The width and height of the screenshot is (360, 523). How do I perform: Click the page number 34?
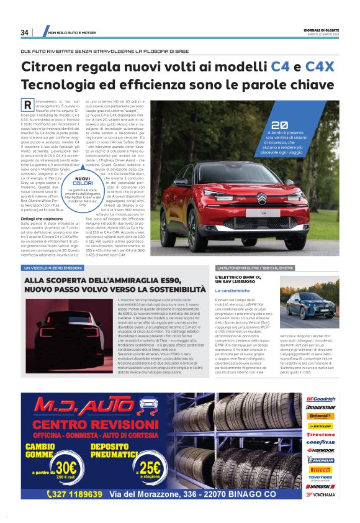point(25,32)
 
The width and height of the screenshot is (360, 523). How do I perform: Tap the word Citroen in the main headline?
point(50,66)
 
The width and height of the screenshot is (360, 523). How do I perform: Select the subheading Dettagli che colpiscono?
point(44,217)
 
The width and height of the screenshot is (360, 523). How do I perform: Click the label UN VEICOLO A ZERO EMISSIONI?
point(53,268)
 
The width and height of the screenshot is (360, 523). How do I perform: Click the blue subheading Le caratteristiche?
point(233,291)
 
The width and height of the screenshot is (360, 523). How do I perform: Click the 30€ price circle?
point(63,466)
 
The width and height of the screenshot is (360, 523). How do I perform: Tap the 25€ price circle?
point(150,466)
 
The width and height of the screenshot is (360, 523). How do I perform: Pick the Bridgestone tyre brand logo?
point(321,407)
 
